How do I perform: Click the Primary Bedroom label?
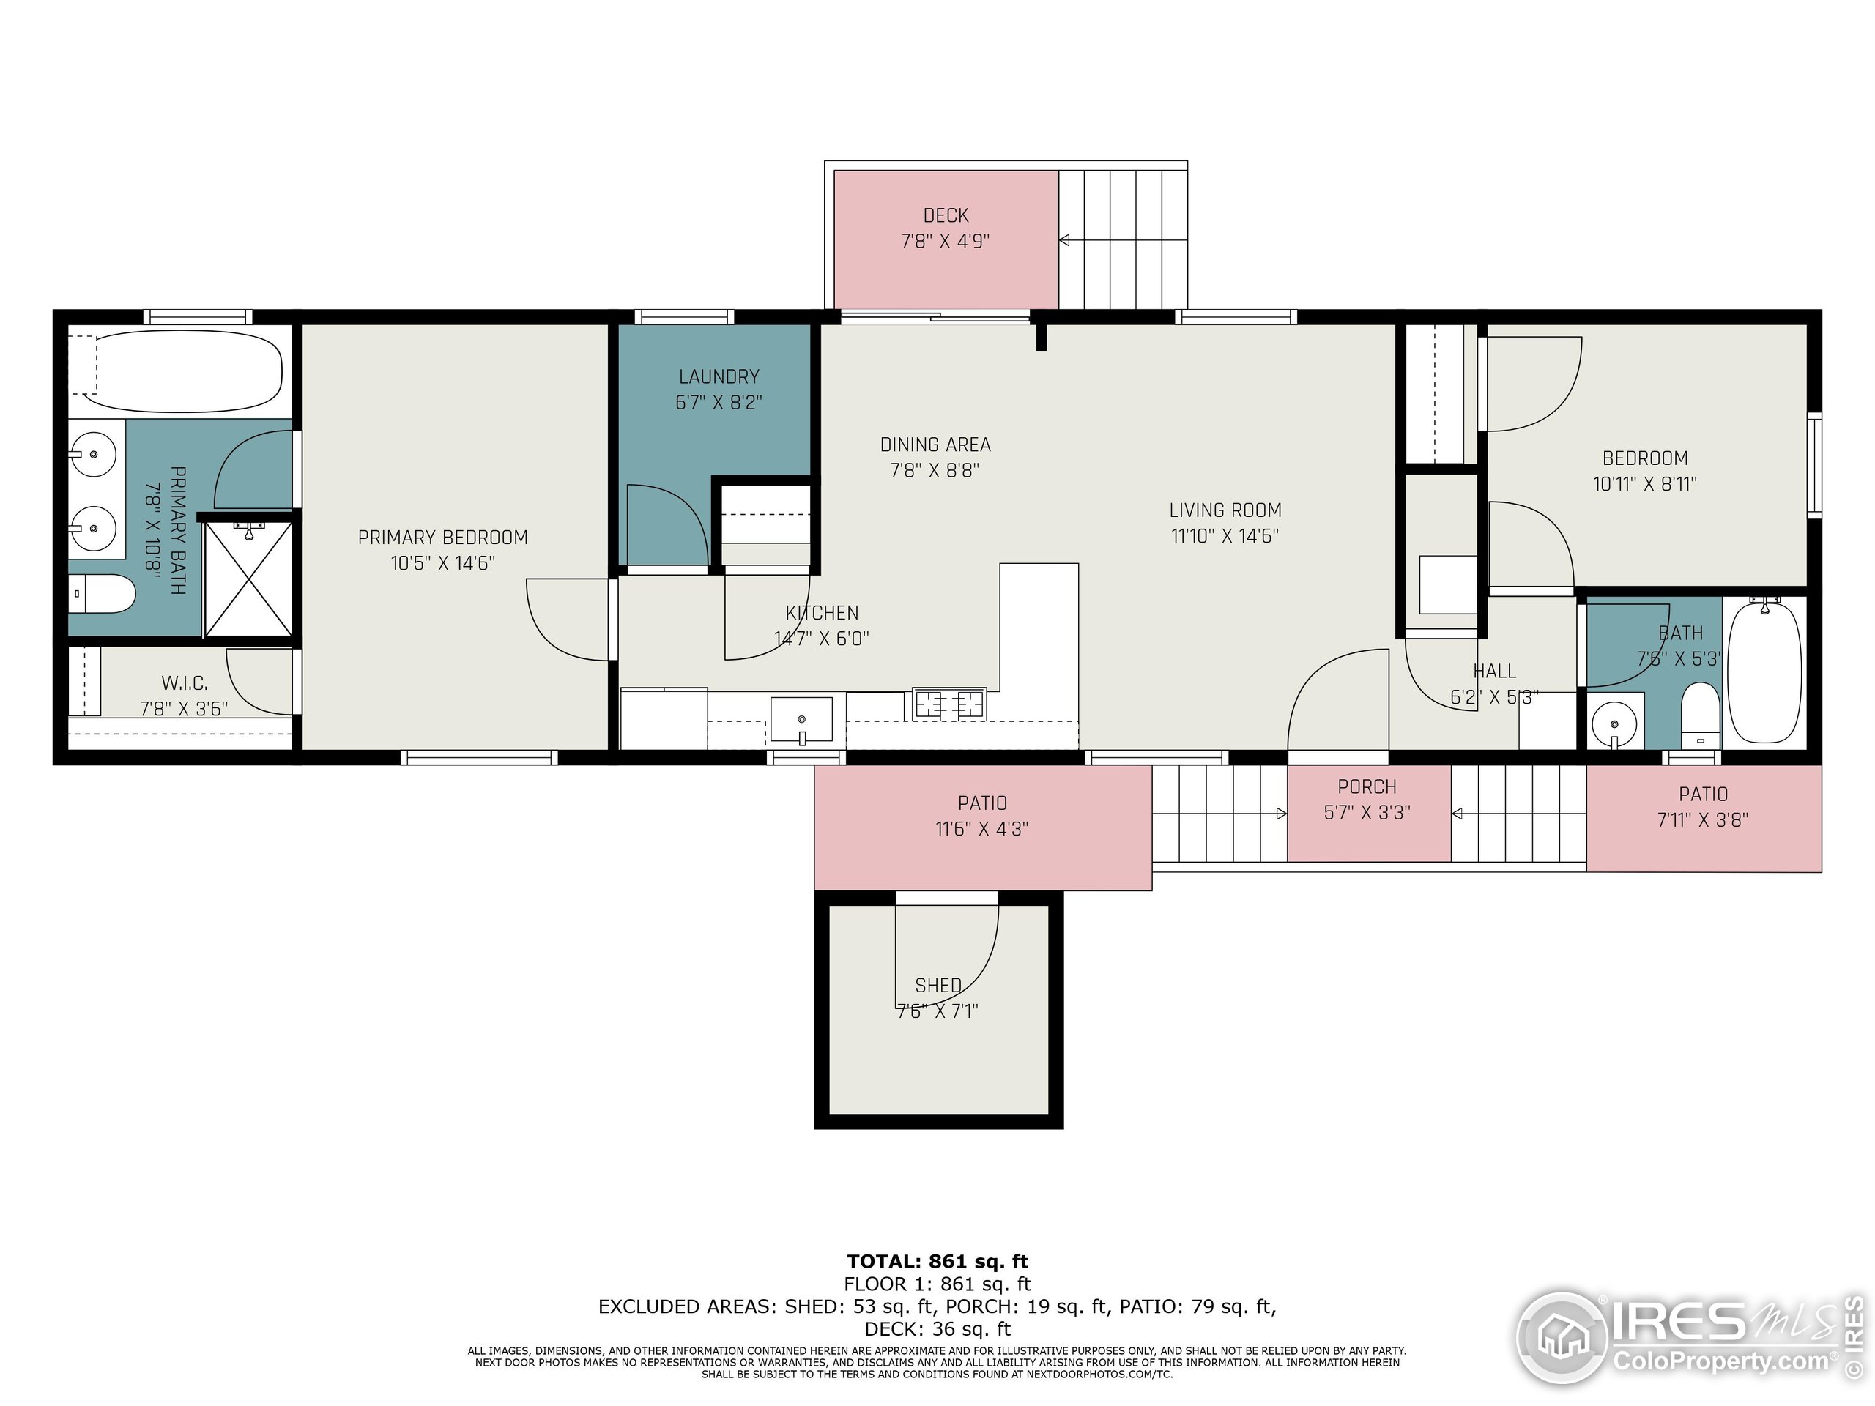[x=442, y=538]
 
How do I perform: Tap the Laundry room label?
[x=719, y=376]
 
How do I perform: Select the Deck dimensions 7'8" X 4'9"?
[x=945, y=242]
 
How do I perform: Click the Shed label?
[x=937, y=986]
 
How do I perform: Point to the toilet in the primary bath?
[x=102, y=593]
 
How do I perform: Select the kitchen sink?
[x=801, y=720]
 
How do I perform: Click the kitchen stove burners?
[x=949, y=704]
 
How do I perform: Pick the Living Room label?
[x=1225, y=510]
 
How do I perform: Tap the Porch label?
[x=1367, y=787]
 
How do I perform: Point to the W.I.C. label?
[x=184, y=683]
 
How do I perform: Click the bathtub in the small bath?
[x=1764, y=672]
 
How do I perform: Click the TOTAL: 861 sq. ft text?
[x=937, y=1262]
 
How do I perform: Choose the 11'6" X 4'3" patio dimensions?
[x=981, y=829]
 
